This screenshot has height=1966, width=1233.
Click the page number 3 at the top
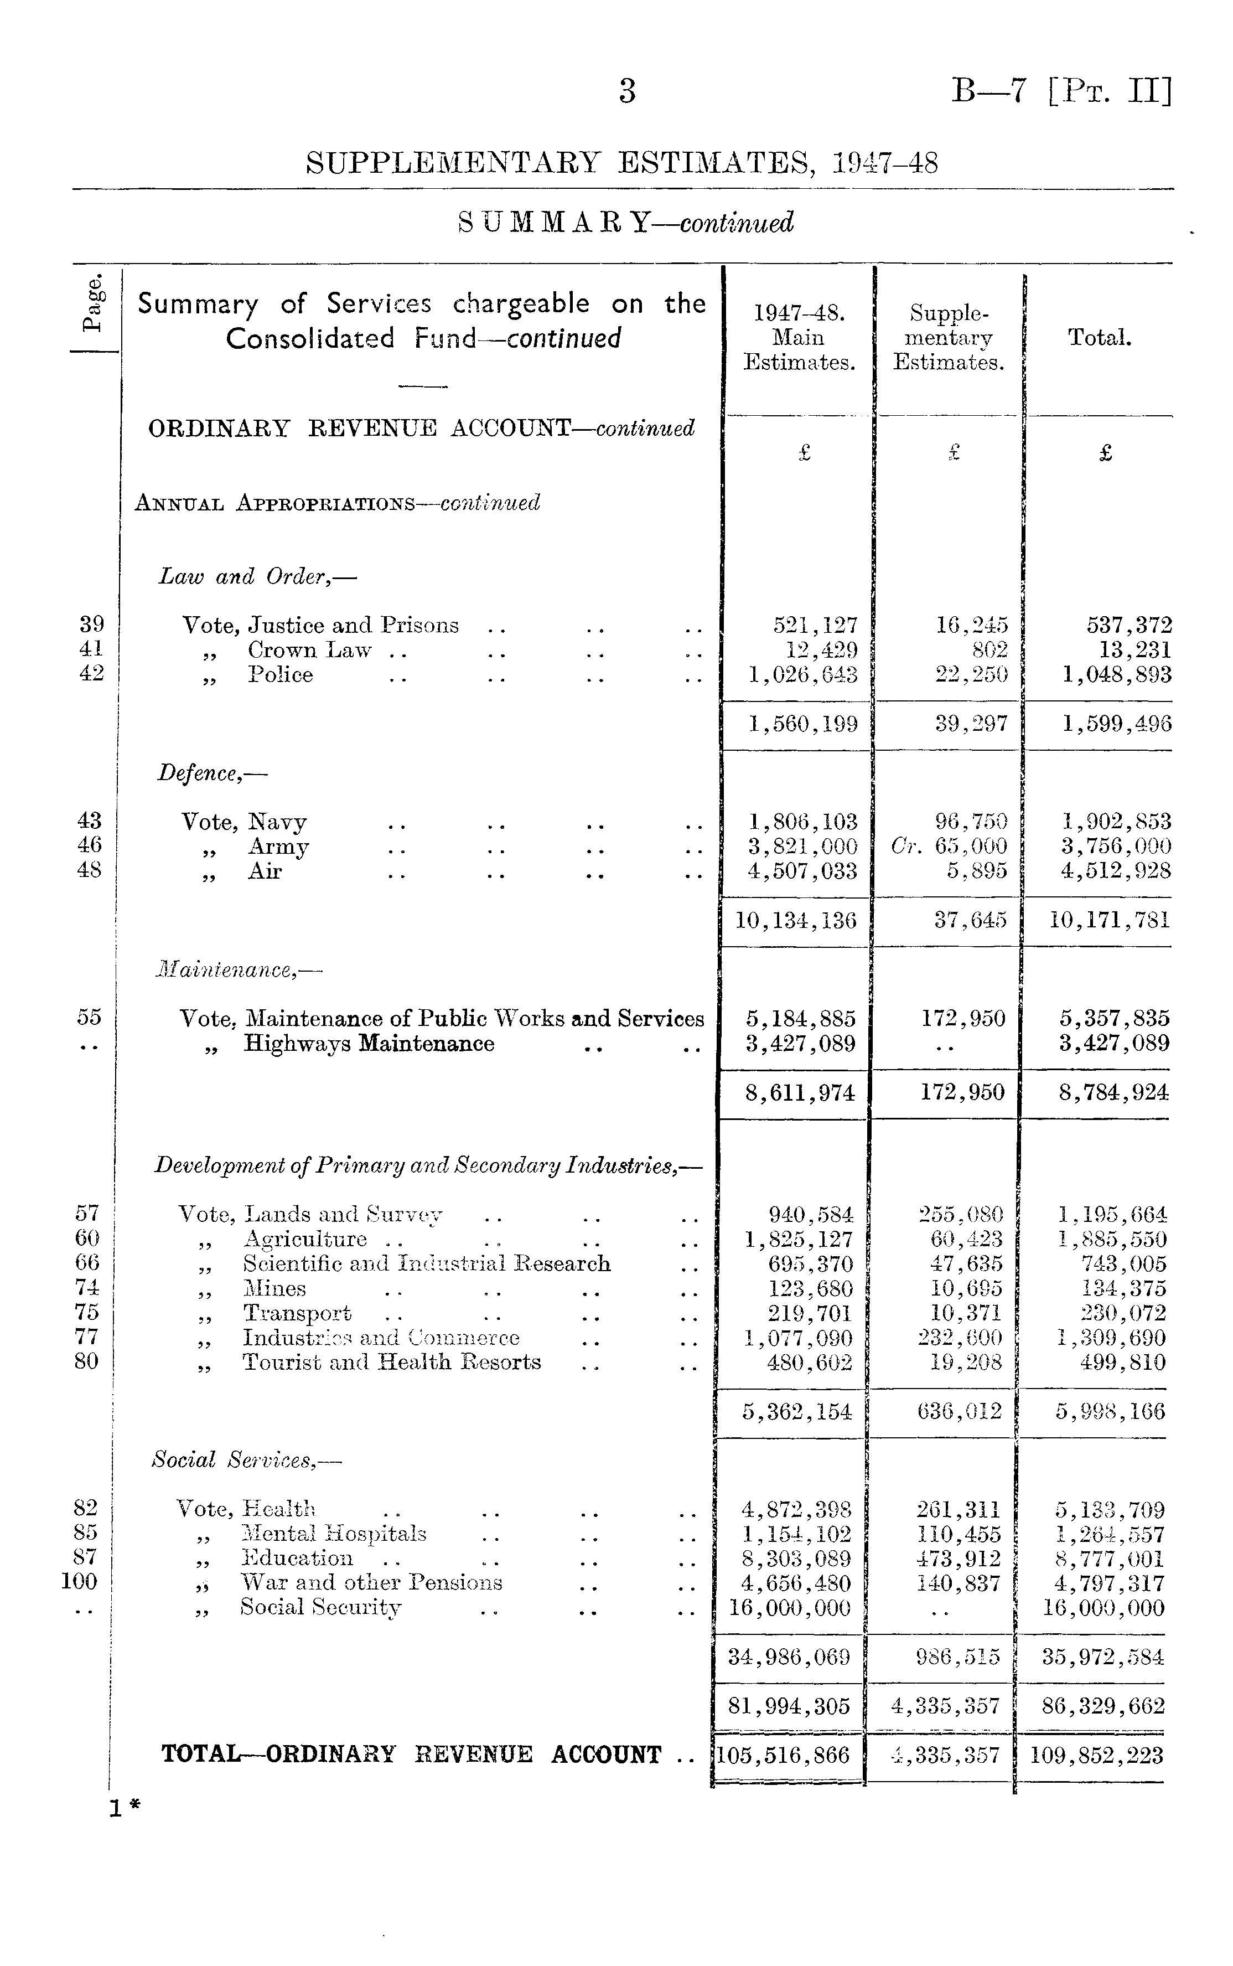(626, 91)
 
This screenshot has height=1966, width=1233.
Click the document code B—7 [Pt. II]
(1061, 91)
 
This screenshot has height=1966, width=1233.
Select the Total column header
(1099, 338)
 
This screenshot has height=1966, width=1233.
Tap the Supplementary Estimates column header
(947, 338)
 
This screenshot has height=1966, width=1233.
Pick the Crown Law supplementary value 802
(990, 650)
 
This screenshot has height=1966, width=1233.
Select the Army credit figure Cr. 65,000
(950, 847)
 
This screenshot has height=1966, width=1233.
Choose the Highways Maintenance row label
(369, 1044)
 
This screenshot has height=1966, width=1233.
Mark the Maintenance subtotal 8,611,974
(800, 1092)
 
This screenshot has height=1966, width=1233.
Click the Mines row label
(275, 1289)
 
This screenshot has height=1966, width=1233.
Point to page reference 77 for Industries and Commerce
(86, 1338)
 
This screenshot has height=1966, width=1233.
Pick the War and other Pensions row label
(371, 1582)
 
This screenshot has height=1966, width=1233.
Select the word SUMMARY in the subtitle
(554, 223)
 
